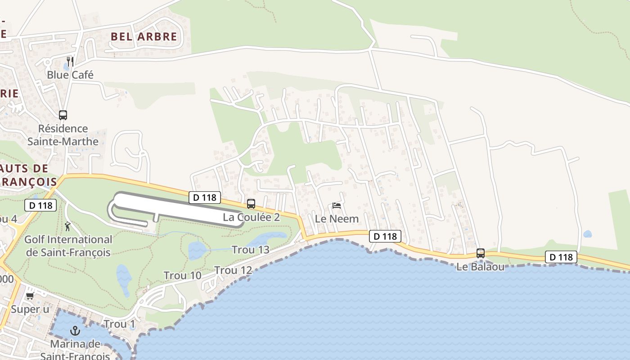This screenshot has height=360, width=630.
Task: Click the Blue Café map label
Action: click(70, 75)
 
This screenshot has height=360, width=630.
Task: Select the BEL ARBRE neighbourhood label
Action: click(144, 36)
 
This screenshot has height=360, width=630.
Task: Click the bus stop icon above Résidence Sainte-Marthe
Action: click(63, 115)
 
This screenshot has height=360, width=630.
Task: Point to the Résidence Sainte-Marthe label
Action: click(63, 135)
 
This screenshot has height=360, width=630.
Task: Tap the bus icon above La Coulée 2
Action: click(251, 203)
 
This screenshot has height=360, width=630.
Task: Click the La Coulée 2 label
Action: click(251, 217)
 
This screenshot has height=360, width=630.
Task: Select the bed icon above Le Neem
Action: click(337, 206)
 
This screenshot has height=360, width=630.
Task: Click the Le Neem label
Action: click(337, 219)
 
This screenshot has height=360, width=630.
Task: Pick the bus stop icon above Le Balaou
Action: click(481, 253)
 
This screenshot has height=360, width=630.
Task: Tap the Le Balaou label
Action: click(480, 267)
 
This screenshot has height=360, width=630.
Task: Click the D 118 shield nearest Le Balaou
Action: click(561, 257)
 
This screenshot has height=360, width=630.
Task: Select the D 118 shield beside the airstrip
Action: click(205, 197)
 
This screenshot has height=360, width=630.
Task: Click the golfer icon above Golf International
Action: click(68, 226)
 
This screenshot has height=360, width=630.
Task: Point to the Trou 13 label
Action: click(250, 250)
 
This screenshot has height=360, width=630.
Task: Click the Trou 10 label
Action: click(182, 275)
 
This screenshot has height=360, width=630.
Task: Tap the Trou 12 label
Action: click(233, 270)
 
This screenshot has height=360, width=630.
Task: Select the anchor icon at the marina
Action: click(75, 331)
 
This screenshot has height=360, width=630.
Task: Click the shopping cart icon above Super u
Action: click(30, 296)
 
